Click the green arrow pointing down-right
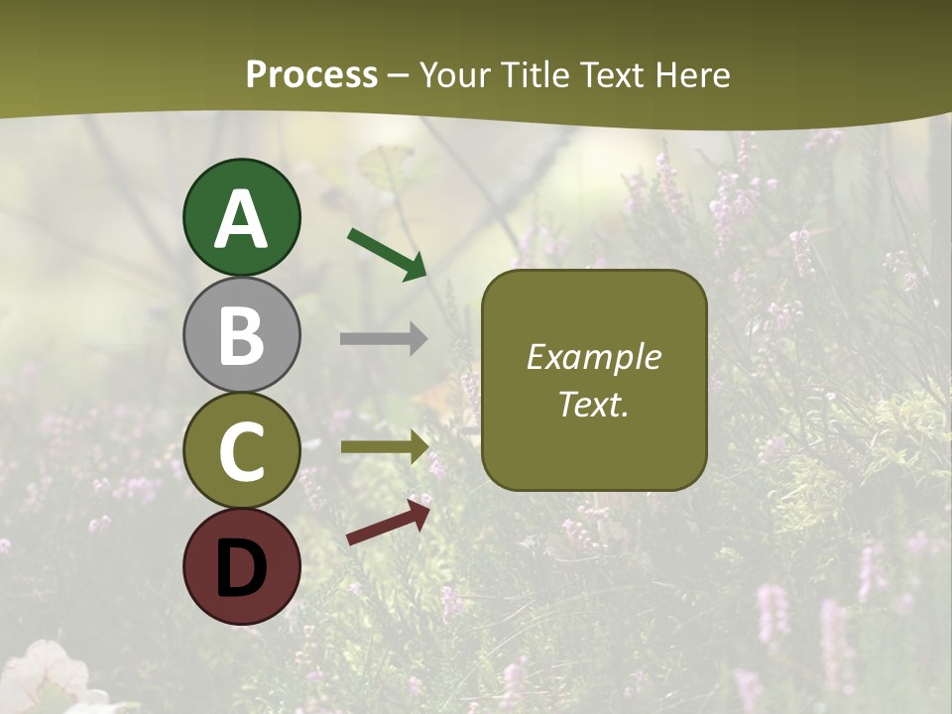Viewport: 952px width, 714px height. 387,254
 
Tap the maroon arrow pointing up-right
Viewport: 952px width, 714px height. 388,523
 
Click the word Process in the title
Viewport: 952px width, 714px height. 311,74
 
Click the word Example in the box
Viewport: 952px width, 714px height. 593,357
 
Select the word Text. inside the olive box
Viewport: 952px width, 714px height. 593,404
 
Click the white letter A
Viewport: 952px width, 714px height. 241,219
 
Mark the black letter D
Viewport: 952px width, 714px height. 241,568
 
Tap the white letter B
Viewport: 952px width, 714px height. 241,335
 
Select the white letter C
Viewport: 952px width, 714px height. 241,451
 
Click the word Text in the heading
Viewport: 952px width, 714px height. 610,74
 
